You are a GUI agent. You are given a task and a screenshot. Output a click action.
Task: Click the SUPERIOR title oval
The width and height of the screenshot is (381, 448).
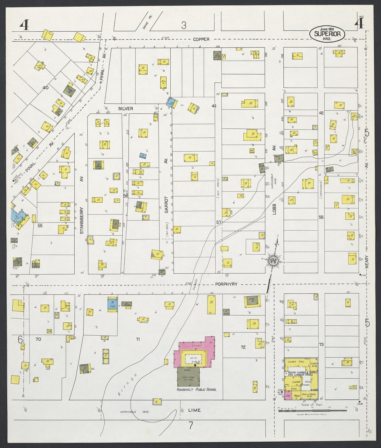coord(327,34)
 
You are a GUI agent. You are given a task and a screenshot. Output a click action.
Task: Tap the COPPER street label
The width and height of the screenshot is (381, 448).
coord(201,39)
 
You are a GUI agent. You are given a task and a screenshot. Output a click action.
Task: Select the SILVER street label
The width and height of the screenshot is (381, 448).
coord(126,108)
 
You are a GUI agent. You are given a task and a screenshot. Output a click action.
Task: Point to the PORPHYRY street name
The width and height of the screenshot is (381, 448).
coord(226,284)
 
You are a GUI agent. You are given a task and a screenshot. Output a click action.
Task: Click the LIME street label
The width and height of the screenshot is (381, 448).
coord(194,410)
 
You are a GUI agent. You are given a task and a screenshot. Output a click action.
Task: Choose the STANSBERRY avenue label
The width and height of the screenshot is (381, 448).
coord(81,220)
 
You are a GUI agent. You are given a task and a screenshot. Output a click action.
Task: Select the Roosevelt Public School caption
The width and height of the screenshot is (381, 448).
coord(196,389)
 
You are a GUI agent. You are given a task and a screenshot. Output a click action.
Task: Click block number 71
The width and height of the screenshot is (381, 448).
coord(138,339)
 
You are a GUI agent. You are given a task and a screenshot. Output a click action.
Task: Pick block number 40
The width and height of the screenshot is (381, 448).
coord(45,88)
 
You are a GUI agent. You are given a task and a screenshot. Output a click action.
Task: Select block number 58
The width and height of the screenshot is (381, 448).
coord(321,217)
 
